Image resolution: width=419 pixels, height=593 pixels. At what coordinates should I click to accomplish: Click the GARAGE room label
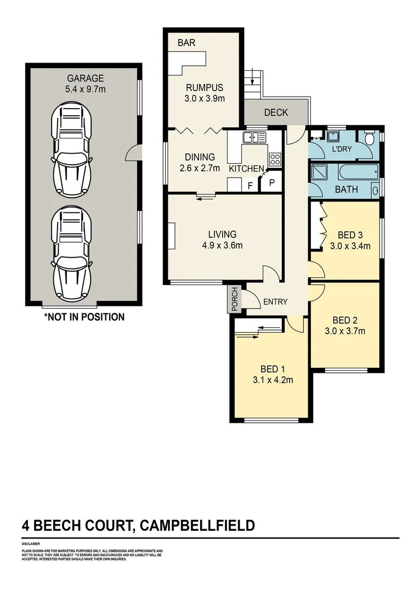click(x=85, y=78)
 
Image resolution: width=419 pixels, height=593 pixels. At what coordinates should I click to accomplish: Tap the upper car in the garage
click(x=71, y=150)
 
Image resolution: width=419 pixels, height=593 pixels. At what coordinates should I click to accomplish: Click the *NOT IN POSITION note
click(x=84, y=317)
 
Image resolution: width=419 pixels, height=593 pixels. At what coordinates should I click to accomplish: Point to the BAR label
click(x=186, y=42)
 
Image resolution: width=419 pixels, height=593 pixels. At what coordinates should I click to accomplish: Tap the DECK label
click(x=276, y=113)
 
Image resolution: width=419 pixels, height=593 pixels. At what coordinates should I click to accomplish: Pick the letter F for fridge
click(x=250, y=186)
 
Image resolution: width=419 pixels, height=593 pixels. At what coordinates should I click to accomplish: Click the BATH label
click(x=347, y=189)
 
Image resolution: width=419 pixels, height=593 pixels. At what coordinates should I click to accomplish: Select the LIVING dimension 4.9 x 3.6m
click(x=222, y=245)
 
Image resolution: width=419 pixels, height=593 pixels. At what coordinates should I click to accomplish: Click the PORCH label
click(x=235, y=299)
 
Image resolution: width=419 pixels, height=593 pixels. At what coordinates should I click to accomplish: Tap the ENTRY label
click(x=275, y=301)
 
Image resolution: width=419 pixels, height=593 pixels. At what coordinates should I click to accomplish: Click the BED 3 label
click(x=350, y=235)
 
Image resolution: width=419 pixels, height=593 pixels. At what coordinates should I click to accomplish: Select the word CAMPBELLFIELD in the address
click(x=198, y=525)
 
